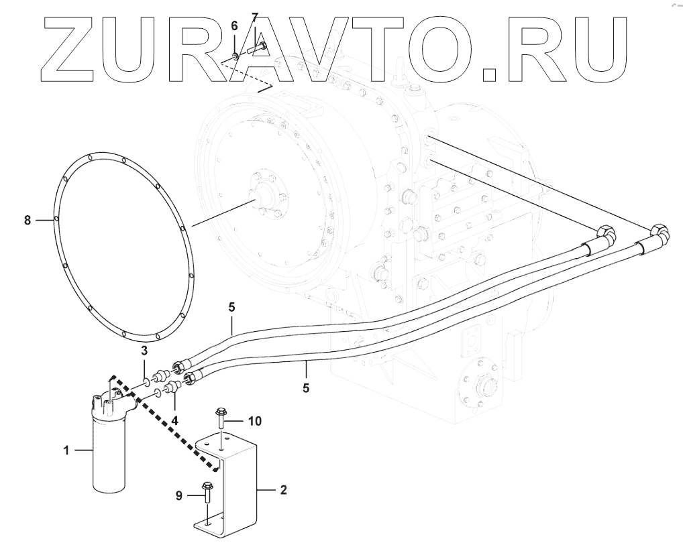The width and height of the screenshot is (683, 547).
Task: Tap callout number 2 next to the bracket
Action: click(283, 490)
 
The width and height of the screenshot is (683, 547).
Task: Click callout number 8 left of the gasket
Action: click(28, 219)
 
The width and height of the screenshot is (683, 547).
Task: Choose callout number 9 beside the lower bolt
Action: click(179, 495)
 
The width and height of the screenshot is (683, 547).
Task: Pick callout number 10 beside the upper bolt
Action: click(254, 421)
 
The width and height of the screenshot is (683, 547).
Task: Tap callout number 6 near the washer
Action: click(234, 26)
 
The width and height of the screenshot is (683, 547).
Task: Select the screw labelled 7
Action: click(255, 48)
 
